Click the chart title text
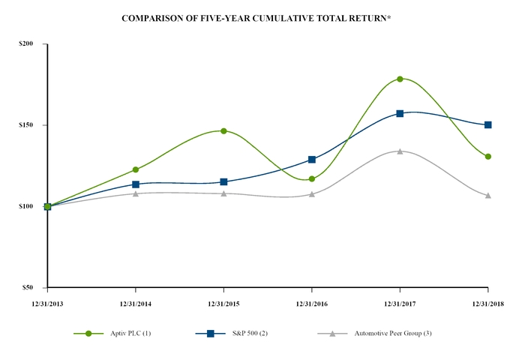pos(256,16)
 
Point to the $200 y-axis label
pos(26,44)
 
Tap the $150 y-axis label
pos(26,125)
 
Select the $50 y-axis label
pos(28,287)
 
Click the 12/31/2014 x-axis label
pos(135,303)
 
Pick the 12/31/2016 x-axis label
pos(311,303)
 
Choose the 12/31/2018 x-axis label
pos(487,303)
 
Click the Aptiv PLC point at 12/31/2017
pos(400,79)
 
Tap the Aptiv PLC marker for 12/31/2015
pos(223,131)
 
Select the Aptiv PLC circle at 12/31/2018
pos(488,157)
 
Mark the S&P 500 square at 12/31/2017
pos(400,113)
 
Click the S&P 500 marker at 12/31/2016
pos(312,160)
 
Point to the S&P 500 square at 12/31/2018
pos(488,124)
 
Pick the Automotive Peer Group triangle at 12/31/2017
pos(400,151)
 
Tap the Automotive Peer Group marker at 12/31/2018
pos(488,195)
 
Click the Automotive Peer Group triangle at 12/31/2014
pos(136,193)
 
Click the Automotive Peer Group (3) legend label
pos(392,333)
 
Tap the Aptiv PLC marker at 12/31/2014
pos(136,169)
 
